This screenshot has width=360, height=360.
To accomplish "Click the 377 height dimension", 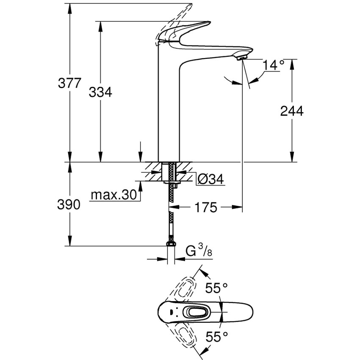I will click(x=69, y=83).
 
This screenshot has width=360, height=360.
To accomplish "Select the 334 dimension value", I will click(x=100, y=92).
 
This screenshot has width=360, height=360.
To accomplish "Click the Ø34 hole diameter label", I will click(x=210, y=180).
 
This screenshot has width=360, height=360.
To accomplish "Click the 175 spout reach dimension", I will click(x=206, y=208).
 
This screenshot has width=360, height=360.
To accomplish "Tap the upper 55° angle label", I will click(x=216, y=288).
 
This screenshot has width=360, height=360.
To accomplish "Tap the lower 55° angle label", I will click(x=216, y=336).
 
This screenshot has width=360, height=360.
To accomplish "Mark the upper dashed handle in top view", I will click(x=182, y=286).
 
